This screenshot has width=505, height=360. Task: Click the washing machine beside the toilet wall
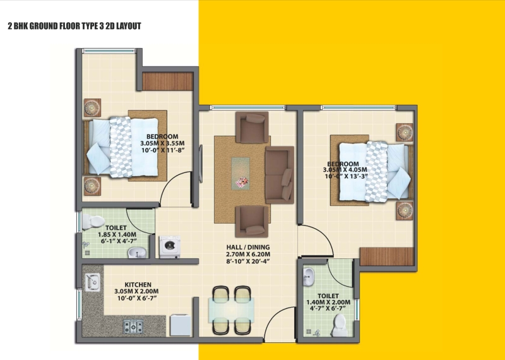[x=170, y=246]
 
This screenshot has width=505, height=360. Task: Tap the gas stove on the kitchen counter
[x=133, y=326]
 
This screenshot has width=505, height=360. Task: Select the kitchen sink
[x=92, y=282]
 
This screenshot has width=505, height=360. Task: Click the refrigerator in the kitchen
[x=181, y=325]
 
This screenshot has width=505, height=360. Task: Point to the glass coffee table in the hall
[x=241, y=174]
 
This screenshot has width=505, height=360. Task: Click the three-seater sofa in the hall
[x=280, y=175]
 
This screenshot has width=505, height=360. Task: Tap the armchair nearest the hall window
[x=252, y=127]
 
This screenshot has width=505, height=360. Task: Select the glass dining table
[x=231, y=310]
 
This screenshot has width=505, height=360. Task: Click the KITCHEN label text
[x=138, y=285]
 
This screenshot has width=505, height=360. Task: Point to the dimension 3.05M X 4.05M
[x=345, y=170]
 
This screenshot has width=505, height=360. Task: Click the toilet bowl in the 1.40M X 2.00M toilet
[x=339, y=325]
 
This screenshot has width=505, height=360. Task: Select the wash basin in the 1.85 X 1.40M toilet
[x=137, y=253]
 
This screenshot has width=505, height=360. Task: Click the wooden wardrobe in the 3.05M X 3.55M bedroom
[x=167, y=81]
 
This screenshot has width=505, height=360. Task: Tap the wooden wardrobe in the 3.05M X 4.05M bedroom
[x=386, y=256]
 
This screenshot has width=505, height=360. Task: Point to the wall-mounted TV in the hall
[x=201, y=164]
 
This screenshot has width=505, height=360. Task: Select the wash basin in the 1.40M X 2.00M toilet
[x=309, y=277]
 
